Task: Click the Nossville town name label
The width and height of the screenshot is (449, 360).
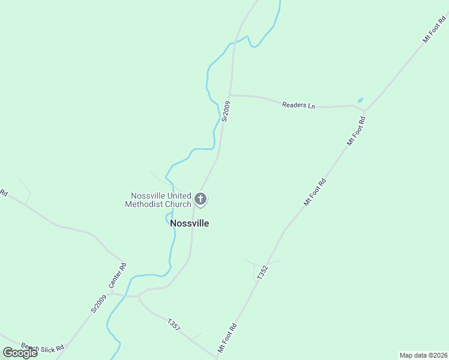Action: pos(190,223)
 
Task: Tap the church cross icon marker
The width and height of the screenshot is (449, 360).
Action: pos(200,199)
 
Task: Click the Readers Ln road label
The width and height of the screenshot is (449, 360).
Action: pos(298,105)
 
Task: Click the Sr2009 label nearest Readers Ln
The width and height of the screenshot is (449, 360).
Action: pos(226,112)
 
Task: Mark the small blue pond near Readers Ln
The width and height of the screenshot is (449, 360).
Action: pos(360,100)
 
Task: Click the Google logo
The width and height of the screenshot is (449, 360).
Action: pos(20,352)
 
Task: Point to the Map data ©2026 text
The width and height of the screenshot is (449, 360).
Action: pos(423,355)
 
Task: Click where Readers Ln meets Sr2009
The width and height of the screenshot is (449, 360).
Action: pos(229,95)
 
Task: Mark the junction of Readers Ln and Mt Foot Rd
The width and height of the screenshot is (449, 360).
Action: pos(366,110)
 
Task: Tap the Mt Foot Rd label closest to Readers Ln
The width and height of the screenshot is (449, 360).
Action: pos(356,131)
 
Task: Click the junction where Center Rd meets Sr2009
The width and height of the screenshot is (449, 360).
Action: pos(110,294)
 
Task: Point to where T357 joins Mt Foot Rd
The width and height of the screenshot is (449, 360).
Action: pos(216,355)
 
